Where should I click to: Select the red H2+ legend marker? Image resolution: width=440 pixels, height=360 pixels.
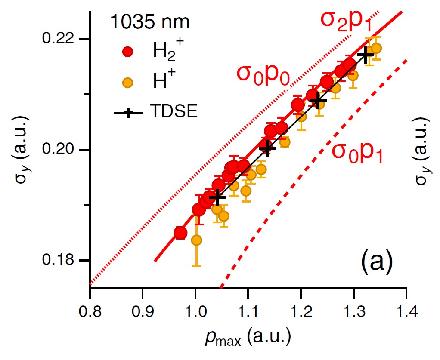click(128, 52)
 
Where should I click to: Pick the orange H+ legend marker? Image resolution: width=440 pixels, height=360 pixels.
click(128, 81)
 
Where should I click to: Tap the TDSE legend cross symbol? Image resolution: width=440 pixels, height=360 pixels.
click(129, 112)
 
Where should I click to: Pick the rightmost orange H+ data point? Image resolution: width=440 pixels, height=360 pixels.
click(376, 48)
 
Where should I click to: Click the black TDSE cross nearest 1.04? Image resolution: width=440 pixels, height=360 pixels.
click(217, 197)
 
